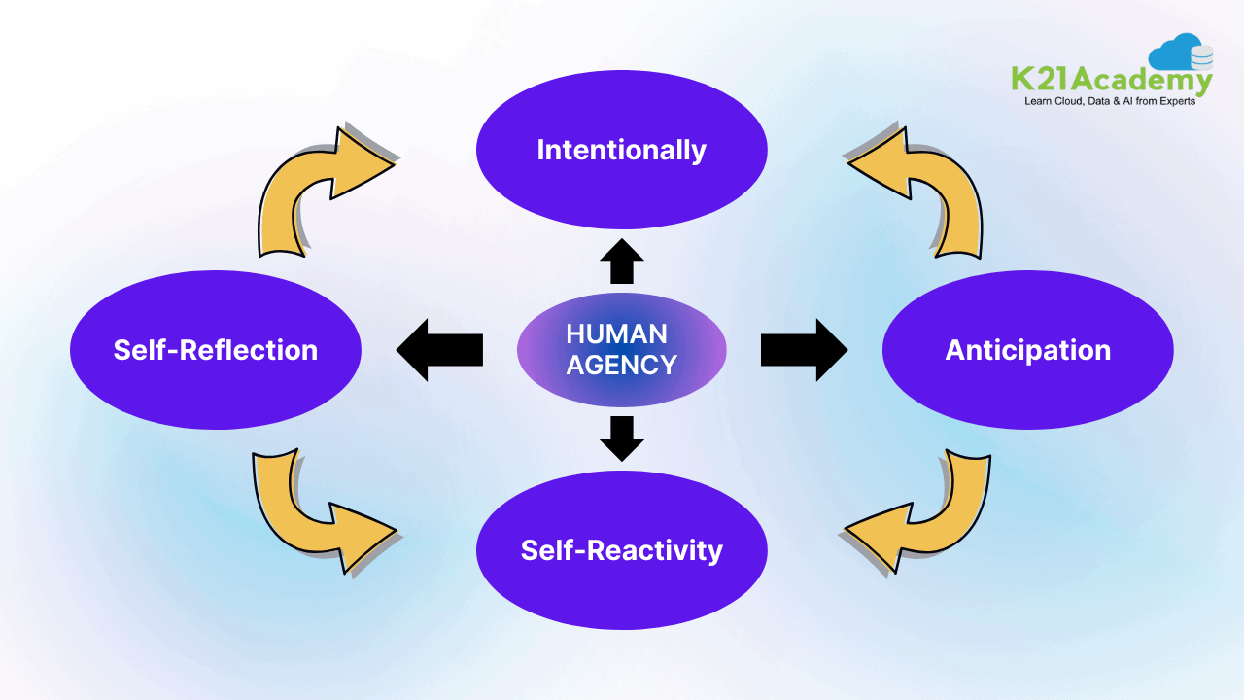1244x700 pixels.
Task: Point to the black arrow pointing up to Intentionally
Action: [x=622, y=262]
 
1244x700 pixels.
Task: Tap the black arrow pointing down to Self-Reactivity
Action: [x=622, y=437]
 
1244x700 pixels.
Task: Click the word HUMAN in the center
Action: [x=616, y=334]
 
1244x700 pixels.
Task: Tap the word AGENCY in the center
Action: [x=621, y=366]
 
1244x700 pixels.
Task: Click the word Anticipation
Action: [x=1027, y=350]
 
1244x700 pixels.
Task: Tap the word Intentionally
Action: [x=622, y=150]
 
